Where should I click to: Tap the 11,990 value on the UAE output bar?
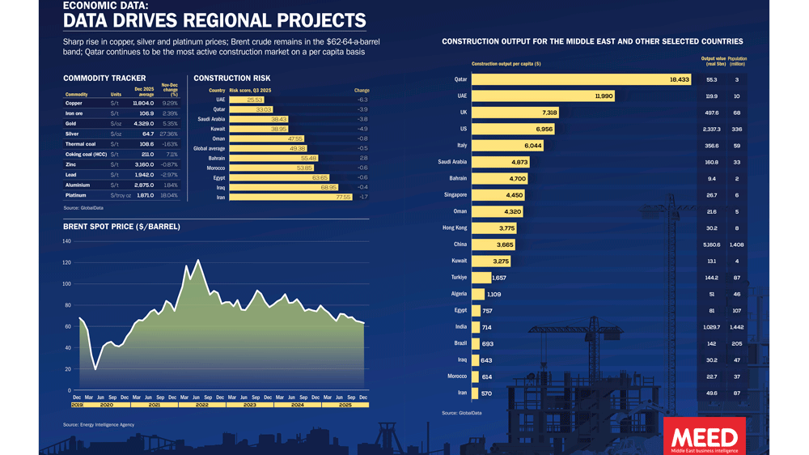coord(604,96)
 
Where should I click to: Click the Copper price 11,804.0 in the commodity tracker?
coord(142,104)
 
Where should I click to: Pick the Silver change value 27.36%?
coord(169,134)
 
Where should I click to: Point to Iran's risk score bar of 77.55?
coord(291,197)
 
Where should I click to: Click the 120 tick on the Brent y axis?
coord(66,263)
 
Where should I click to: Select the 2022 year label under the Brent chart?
coord(201,404)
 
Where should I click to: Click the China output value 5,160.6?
coord(712,245)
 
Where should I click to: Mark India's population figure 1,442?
coord(737,327)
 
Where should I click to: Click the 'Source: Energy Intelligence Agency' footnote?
coord(99,424)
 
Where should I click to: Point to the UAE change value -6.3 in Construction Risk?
coord(362,100)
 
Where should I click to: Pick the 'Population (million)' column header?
coord(737,61)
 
